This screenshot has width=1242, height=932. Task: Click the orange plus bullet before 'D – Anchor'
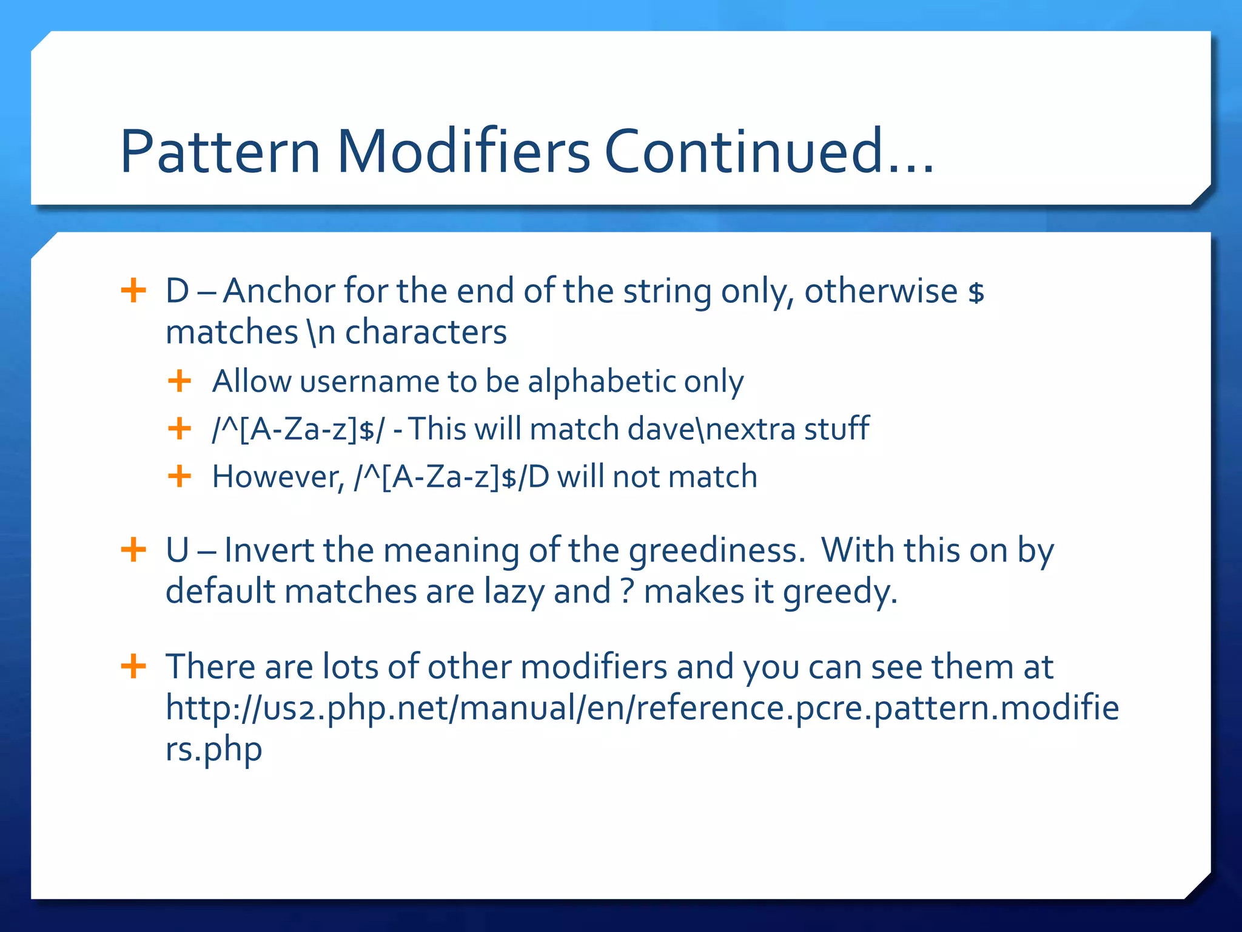click(x=133, y=291)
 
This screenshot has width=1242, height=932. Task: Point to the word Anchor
click(x=279, y=291)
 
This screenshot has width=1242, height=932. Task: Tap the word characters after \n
click(x=426, y=333)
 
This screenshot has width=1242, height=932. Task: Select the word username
click(x=369, y=382)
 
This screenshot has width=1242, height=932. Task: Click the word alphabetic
click(x=602, y=382)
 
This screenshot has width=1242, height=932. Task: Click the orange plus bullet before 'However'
click(x=180, y=476)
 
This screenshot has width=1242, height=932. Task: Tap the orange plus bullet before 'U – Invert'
click(x=133, y=550)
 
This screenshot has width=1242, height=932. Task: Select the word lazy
click(x=514, y=592)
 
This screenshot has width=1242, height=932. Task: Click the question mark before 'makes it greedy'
click(x=627, y=592)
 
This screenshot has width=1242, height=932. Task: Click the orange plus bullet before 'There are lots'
click(x=133, y=666)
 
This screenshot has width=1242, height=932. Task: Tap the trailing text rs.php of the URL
click(x=213, y=749)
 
